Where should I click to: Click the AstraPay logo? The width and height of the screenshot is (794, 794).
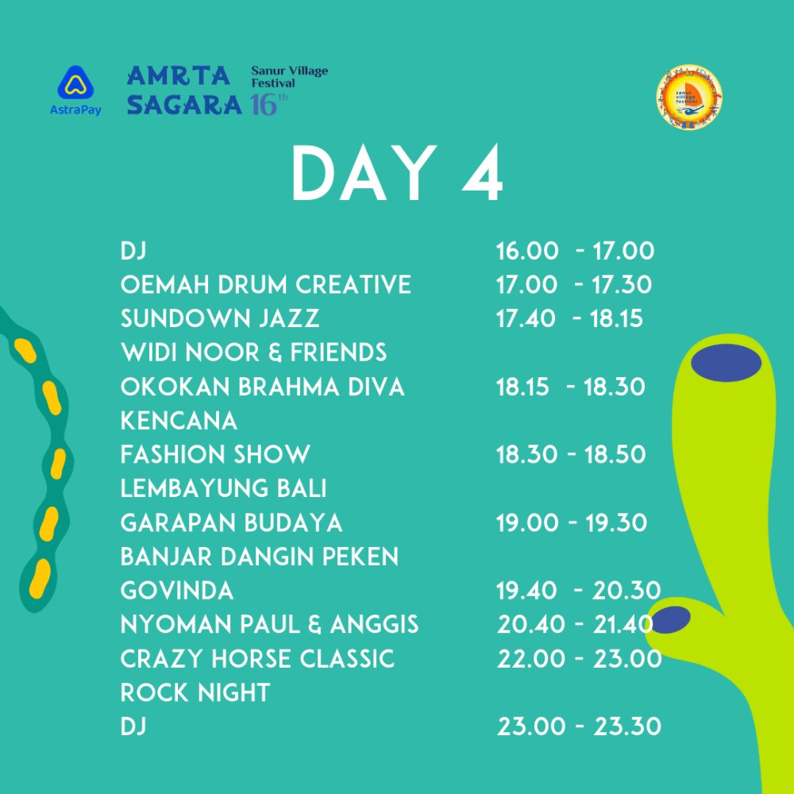pyautogui.click(x=75, y=91)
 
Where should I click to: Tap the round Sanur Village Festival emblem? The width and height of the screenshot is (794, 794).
pyautogui.click(x=688, y=97)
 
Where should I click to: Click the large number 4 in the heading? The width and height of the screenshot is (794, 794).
pyautogui.click(x=483, y=173)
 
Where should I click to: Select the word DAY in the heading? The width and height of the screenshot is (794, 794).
pyautogui.click(x=363, y=173)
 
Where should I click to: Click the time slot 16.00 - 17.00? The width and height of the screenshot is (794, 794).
pyautogui.click(x=575, y=251)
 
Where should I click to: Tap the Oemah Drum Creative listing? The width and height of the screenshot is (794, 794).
pyautogui.click(x=265, y=284)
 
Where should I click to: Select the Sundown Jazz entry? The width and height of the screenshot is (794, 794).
pyautogui.click(x=220, y=318)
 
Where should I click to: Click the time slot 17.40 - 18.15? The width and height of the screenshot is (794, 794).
pyautogui.click(x=569, y=319)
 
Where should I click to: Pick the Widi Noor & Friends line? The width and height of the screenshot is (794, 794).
pyautogui.click(x=253, y=353)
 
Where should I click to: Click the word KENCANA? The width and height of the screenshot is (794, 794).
pyautogui.click(x=179, y=421)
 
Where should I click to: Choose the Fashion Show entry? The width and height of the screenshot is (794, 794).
pyautogui.click(x=215, y=454)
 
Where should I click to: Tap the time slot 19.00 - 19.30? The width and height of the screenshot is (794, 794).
pyautogui.click(x=571, y=522)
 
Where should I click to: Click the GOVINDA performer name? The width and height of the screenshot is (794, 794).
pyautogui.click(x=177, y=591)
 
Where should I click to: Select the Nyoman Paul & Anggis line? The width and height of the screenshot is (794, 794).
pyautogui.click(x=269, y=624)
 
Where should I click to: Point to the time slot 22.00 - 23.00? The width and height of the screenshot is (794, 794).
pyautogui.click(x=580, y=659)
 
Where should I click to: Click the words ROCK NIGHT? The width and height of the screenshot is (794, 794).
pyautogui.click(x=195, y=692)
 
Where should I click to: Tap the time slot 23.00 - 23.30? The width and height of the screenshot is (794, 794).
pyautogui.click(x=580, y=727)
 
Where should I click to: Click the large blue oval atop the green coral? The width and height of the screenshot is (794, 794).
pyautogui.click(x=727, y=363)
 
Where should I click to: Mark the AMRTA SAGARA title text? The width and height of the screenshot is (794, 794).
pyautogui.click(x=184, y=91)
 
